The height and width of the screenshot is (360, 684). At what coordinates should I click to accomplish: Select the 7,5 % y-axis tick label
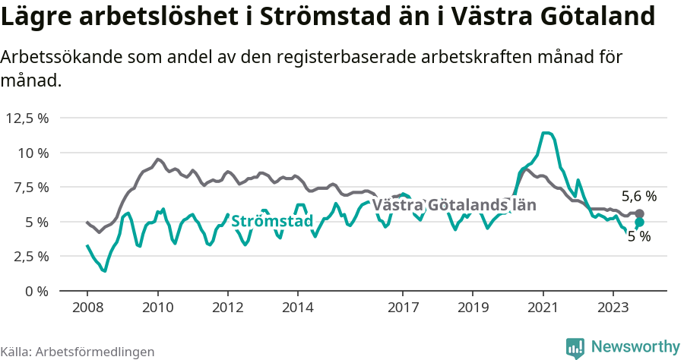point(30,187)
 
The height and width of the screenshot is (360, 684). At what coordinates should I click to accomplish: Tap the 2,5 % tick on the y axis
point(30,256)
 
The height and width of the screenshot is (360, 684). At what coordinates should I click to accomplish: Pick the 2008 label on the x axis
point(87,308)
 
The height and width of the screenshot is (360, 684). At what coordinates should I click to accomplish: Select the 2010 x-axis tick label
point(157,308)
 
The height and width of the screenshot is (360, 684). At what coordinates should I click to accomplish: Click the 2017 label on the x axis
point(403,308)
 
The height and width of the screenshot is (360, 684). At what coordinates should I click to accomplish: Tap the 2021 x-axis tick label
point(543,308)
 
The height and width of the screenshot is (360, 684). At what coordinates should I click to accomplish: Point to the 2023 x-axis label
point(613,308)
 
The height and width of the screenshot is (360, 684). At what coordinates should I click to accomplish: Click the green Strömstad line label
point(272,222)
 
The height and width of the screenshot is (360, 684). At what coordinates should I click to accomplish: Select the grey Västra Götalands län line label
point(454,205)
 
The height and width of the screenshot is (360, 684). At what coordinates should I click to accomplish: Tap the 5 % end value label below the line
point(639,236)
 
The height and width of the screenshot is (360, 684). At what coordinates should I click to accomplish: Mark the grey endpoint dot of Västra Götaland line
point(639,213)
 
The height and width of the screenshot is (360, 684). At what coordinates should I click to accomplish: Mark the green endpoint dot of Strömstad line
point(639,222)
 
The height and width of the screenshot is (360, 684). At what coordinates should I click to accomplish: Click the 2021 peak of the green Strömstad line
point(546,133)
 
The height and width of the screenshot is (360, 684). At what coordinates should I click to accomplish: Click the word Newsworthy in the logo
point(635,346)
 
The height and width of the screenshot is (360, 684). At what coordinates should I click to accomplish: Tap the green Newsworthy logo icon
point(575,346)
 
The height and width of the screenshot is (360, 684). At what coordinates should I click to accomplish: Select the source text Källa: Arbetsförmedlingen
point(78,352)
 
